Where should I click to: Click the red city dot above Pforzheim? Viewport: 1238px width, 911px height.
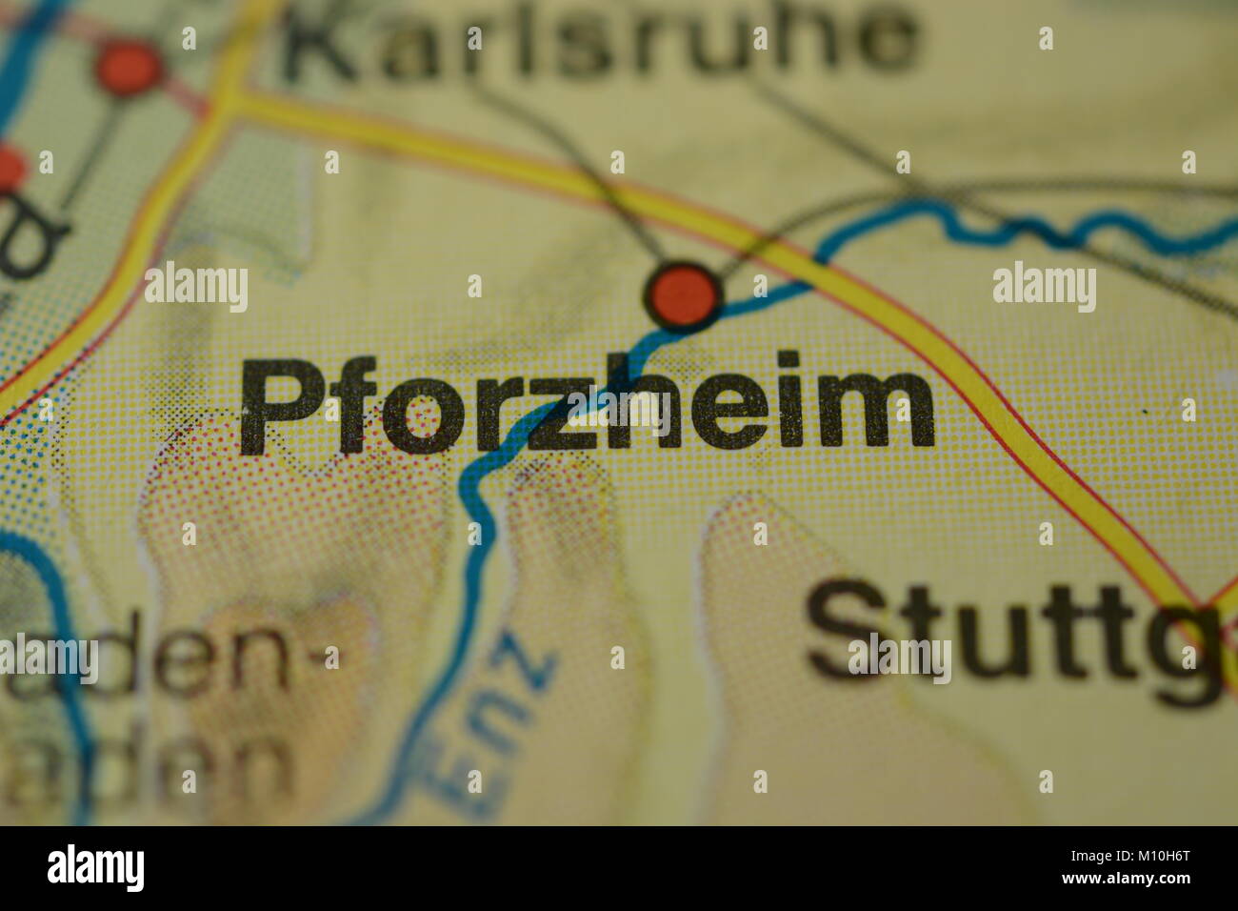[682, 294]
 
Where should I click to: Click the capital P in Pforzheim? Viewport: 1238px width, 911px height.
[277, 411]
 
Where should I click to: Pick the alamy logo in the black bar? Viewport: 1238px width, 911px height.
[96, 868]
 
